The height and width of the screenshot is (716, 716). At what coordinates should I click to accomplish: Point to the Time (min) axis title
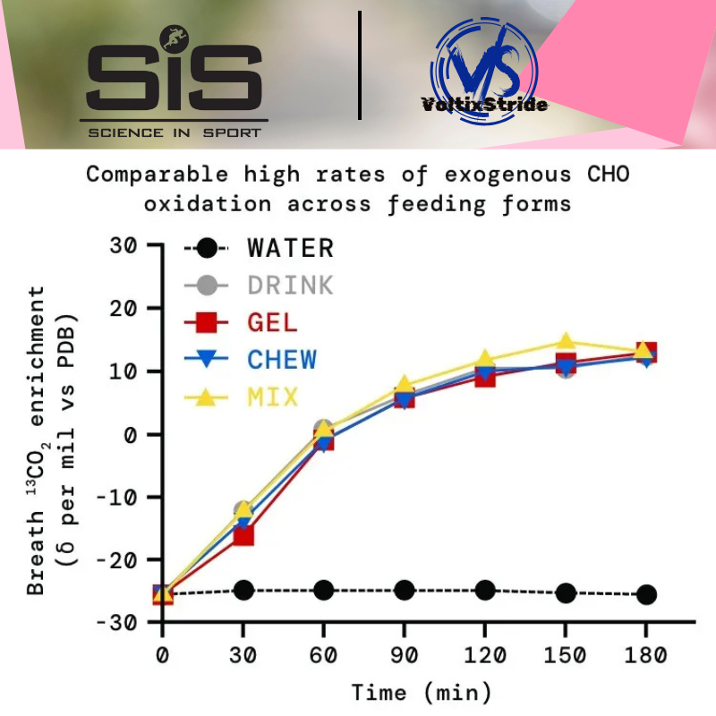pos(421,692)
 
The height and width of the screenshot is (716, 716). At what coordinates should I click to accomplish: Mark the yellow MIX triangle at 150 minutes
pos(566,342)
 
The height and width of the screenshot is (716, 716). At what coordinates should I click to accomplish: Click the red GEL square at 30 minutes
pos(243,535)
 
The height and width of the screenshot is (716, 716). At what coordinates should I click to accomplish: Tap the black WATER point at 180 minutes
pos(646,594)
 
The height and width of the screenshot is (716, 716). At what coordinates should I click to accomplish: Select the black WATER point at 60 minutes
pos(323,590)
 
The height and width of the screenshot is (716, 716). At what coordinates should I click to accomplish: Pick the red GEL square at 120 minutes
pos(485,376)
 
